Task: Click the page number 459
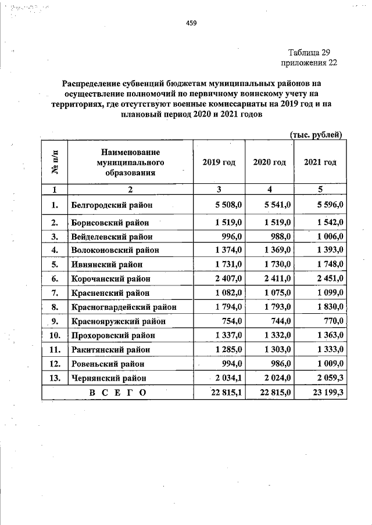(191, 23)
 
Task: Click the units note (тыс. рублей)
(316, 135)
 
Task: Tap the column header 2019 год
(219, 162)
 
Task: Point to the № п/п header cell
(55, 162)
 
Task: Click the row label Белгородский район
(112, 205)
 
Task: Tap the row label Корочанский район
(112, 278)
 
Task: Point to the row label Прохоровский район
(114, 335)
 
